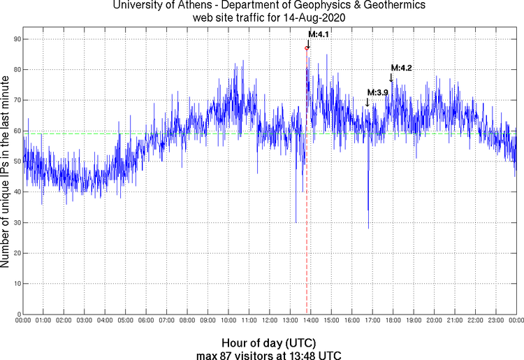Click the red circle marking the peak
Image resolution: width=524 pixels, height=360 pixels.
point(307,48)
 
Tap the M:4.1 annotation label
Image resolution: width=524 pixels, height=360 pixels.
point(319,34)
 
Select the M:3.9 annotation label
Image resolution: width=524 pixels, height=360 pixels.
point(377,92)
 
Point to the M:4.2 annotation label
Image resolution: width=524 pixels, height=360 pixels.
point(402,68)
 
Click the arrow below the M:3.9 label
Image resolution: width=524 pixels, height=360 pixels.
point(367,102)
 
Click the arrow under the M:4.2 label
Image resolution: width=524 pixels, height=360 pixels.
point(391,78)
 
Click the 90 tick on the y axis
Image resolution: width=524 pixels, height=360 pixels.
point(15,38)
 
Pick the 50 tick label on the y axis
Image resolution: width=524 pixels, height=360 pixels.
point(15,161)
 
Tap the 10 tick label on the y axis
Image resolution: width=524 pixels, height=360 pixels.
point(15,284)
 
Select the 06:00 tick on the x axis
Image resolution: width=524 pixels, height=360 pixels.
point(146,321)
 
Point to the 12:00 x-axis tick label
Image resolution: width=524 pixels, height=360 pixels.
point(270,321)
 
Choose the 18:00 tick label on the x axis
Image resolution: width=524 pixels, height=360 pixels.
point(393,321)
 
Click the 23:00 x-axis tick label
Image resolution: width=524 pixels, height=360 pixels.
point(496,321)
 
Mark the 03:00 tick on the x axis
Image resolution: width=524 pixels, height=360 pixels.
point(85,321)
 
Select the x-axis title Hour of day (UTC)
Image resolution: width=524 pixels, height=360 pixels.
point(269,343)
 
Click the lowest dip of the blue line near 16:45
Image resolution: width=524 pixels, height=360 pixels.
point(368,227)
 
